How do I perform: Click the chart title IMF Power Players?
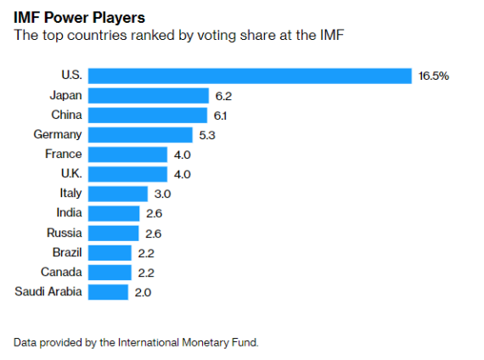click(x=74, y=16)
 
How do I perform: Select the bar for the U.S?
click(x=250, y=76)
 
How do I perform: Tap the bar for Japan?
click(x=149, y=96)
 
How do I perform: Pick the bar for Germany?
click(x=140, y=135)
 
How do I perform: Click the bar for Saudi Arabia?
click(x=108, y=292)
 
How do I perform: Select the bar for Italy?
click(x=118, y=194)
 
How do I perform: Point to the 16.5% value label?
click(x=433, y=76)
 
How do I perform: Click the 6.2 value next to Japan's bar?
click(x=222, y=96)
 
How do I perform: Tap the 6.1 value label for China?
click(x=221, y=115)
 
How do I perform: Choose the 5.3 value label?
click(x=206, y=135)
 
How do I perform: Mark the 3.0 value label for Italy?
click(x=161, y=194)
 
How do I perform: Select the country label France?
click(x=64, y=154)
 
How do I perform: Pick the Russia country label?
click(x=65, y=233)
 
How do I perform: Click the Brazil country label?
click(x=66, y=252)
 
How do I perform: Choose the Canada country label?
click(x=62, y=272)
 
